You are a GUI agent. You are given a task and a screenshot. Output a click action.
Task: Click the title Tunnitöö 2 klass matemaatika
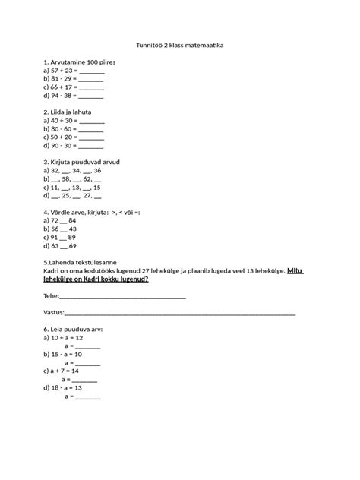tap(180, 46)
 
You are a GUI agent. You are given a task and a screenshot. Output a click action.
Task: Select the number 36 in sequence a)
tap(96, 171)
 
